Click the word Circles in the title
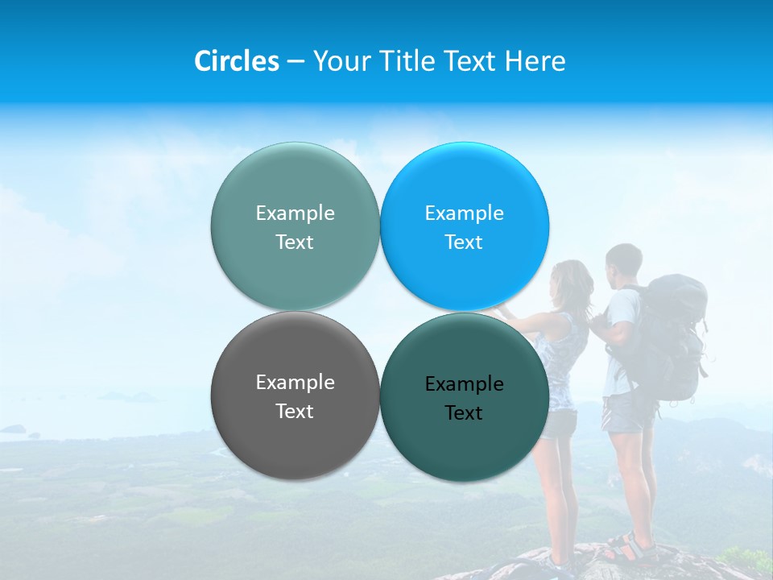[x=236, y=61]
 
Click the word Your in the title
[x=340, y=61]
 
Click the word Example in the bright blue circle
[x=464, y=213]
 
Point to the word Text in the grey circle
[x=295, y=412]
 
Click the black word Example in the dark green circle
[x=464, y=384]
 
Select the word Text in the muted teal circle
[x=295, y=242]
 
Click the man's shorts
[x=626, y=411]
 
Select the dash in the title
[x=296, y=62]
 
